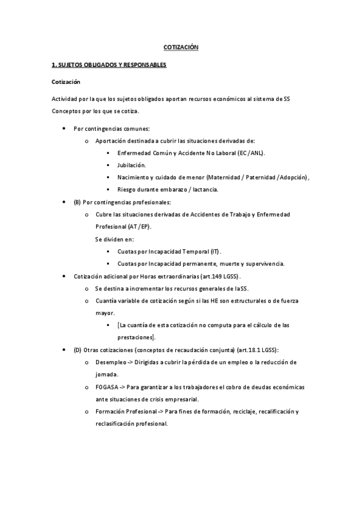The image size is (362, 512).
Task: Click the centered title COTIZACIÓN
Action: click(181, 46)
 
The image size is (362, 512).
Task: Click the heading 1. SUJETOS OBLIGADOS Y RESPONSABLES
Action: click(109, 64)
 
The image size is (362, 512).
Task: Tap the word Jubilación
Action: click(132, 165)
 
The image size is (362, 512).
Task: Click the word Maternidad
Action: click(224, 177)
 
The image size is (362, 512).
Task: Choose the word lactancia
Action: click(201, 189)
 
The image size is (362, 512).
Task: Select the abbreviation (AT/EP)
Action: click(139, 226)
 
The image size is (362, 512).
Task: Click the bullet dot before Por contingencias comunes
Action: click(65, 129)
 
